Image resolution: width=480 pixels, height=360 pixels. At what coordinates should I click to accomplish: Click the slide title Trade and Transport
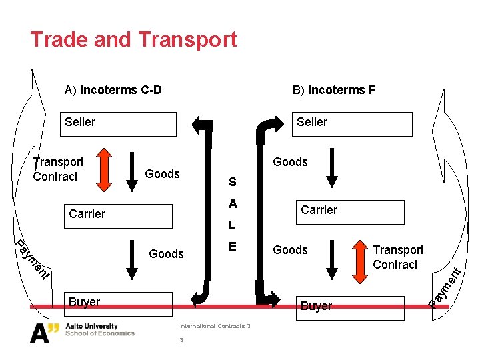(x=133, y=39)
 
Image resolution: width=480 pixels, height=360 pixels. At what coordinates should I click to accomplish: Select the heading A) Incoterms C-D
(x=113, y=90)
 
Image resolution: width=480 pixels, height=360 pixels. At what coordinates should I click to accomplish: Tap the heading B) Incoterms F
(x=334, y=90)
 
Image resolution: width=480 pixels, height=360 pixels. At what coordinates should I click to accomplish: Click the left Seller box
(x=118, y=123)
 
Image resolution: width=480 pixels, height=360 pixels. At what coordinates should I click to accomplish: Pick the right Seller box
(x=352, y=123)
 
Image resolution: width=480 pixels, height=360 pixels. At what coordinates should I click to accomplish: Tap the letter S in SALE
(x=232, y=181)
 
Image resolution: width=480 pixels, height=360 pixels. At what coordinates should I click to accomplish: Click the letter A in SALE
(x=232, y=203)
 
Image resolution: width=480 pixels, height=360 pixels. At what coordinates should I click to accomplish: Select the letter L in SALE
(x=232, y=225)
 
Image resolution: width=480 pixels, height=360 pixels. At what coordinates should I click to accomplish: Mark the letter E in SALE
(x=232, y=247)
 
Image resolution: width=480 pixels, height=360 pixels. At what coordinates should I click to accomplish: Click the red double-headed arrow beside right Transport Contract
(x=360, y=257)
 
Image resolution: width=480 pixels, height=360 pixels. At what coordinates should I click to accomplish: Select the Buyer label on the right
(x=316, y=306)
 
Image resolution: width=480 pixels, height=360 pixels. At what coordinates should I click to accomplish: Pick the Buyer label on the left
(x=84, y=302)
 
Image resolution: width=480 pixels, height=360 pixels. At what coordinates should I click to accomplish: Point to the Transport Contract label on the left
(x=59, y=169)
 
